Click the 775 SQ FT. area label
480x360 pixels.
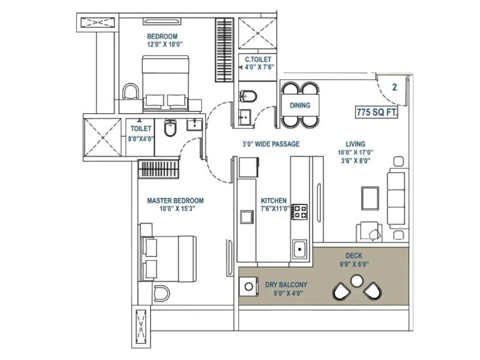pyautogui.click(x=376, y=112)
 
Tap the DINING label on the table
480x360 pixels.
pyautogui.click(x=300, y=106)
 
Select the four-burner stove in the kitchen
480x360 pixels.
pyautogui.click(x=299, y=211)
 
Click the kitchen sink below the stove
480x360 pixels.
pyautogui.click(x=298, y=248)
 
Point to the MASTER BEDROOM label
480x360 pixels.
pyautogui.click(x=175, y=200)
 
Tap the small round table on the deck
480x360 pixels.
pyautogui.click(x=356, y=280)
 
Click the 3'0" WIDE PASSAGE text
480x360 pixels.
pyautogui.click(x=271, y=144)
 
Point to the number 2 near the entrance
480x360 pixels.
pyautogui.click(x=394, y=87)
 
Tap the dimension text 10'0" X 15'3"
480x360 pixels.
pyautogui.click(x=175, y=209)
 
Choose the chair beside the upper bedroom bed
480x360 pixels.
pyautogui.click(x=130, y=92)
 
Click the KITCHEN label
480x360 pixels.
pyautogui.click(x=273, y=200)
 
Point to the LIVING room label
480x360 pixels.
pyautogui.click(x=355, y=144)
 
